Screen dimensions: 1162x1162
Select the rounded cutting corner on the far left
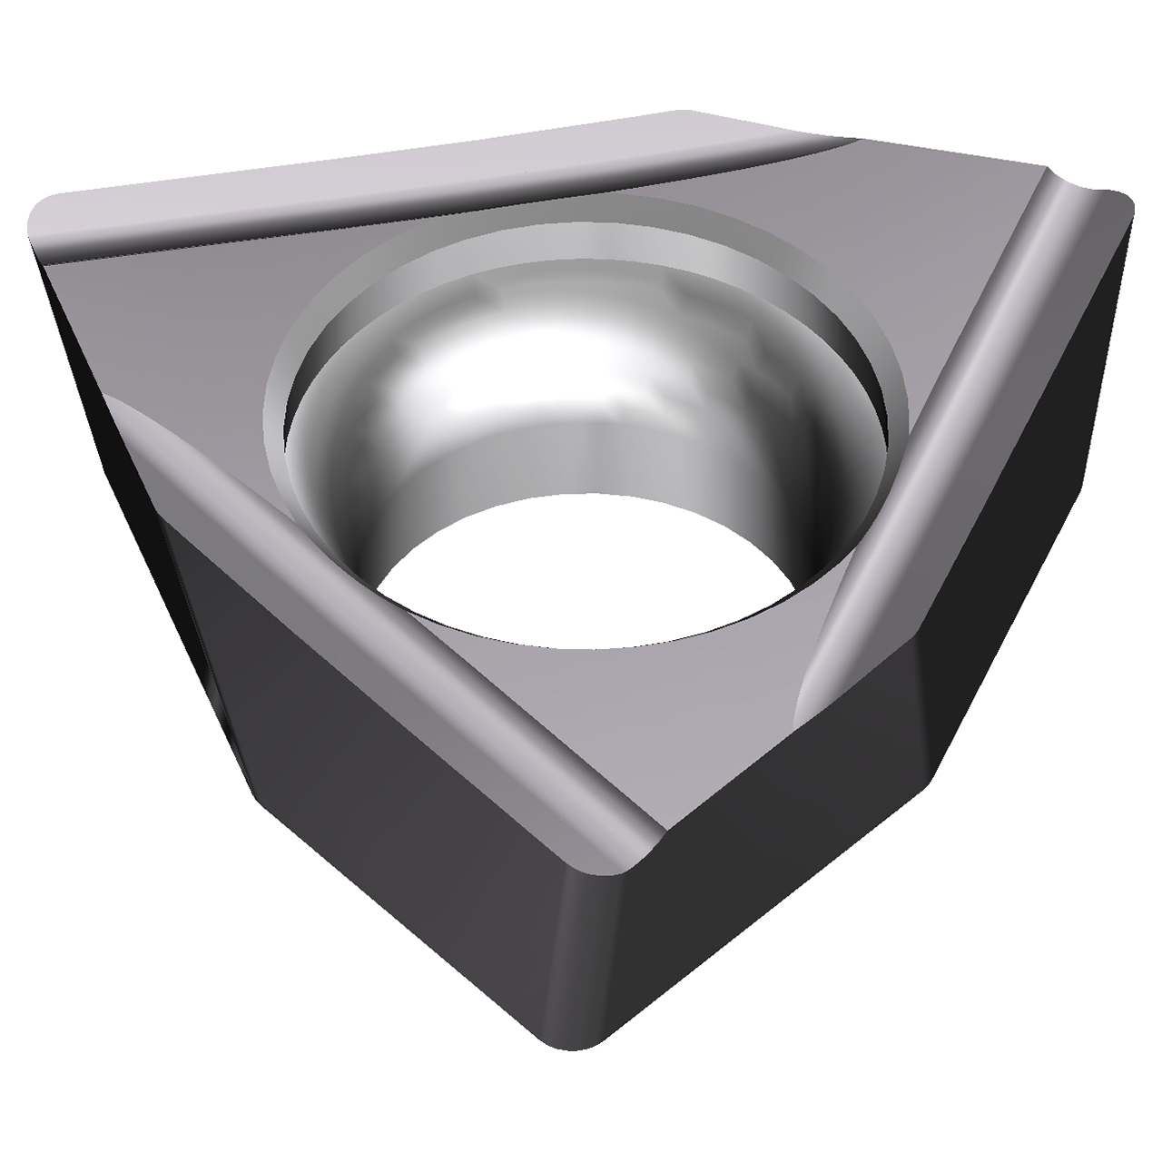pyautogui.click(x=45, y=218)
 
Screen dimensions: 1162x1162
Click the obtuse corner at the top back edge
pyautogui.click(x=690, y=118)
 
